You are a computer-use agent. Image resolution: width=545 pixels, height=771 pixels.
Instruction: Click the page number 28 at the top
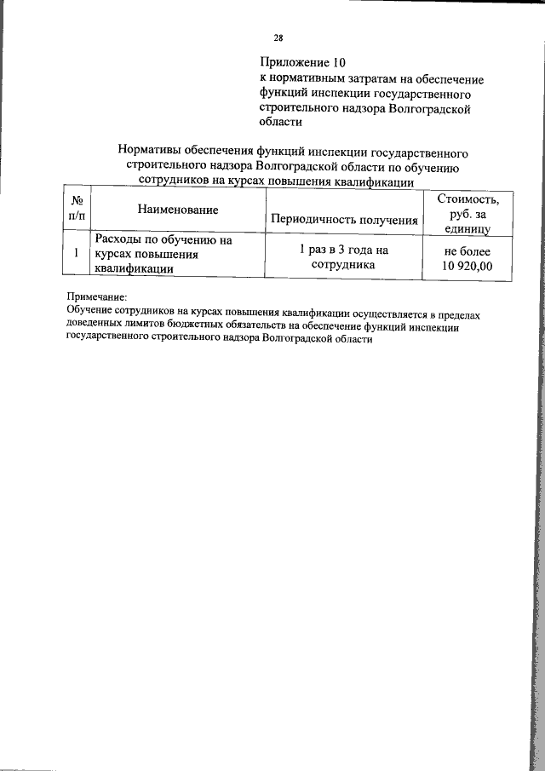(x=278, y=37)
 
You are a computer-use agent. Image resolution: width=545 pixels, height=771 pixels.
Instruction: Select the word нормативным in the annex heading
(x=307, y=78)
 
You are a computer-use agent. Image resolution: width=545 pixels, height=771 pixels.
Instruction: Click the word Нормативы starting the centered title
(x=156, y=152)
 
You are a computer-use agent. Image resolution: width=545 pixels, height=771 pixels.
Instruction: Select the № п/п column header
(x=77, y=210)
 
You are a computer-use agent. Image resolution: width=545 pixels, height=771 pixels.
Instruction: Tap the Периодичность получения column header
(x=343, y=220)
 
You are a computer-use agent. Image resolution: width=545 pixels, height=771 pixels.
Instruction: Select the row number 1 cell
(x=77, y=254)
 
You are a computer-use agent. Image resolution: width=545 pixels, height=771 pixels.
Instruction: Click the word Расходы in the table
(x=120, y=240)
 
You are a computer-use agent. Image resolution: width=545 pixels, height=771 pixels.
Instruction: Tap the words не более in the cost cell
(x=463, y=251)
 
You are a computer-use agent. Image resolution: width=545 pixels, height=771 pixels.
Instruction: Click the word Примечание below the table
(x=96, y=300)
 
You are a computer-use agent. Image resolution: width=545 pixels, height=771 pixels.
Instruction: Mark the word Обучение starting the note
(x=90, y=314)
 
